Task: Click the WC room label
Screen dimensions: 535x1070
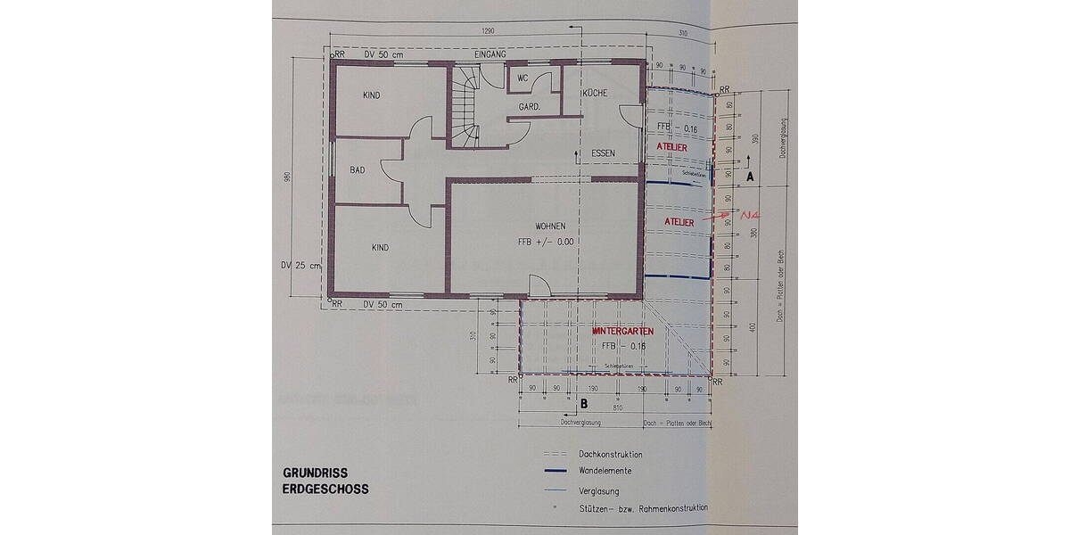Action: pyautogui.click(x=523, y=78)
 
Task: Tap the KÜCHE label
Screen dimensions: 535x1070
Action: pyautogui.click(x=595, y=94)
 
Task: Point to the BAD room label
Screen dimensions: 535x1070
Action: pyautogui.click(x=358, y=169)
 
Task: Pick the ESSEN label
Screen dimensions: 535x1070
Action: pyautogui.click(x=604, y=153)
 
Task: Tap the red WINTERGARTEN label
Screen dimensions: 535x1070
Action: pyautogui.click(x=623, y=331)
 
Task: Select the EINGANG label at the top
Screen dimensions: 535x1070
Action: pyautogui.click(x=490, y=54)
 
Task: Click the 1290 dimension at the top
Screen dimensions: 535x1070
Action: pyautogui.click(x=487, y=31)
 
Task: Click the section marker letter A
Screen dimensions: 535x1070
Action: pyautogui.click(x=750, y=177)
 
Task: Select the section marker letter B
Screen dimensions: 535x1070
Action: pyautogui.click(x=584, y=403)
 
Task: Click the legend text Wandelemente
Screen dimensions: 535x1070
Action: pyautogui.click(x=610, y=472)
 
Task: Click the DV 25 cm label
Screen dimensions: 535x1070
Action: pyautogui.click(x=299, y=265)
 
